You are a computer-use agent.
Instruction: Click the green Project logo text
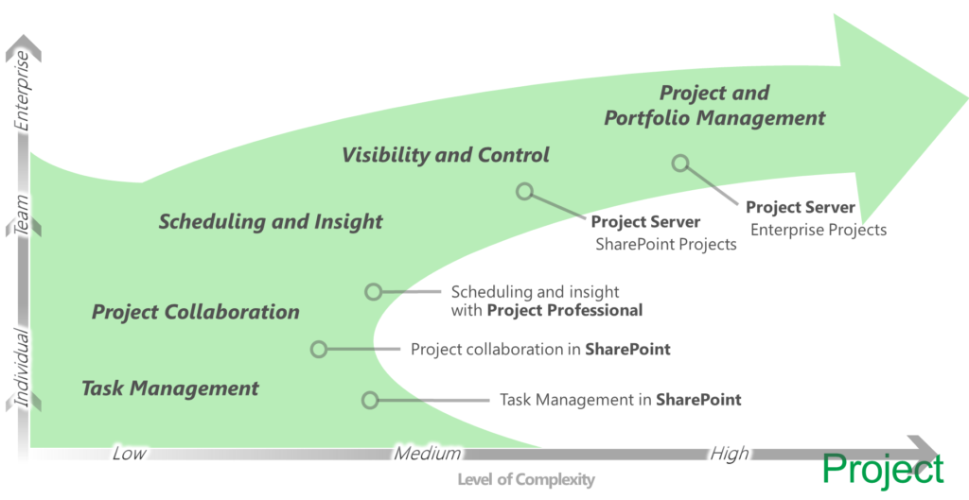[x=882, y=470]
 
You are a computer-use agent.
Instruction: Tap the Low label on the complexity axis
[x=129, y=454]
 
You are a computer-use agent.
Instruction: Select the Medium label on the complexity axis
[x=428, y=454]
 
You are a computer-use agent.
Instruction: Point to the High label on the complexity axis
[x=729, y=454]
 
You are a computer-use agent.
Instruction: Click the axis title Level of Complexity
[x=526, y=480]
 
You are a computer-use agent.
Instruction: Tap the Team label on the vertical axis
[x=24, y=214]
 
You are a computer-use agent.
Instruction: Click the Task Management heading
[x=170, y=388]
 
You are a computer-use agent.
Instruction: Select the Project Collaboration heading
[x=196, y=312]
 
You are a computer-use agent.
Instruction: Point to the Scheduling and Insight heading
[x=271, y=222]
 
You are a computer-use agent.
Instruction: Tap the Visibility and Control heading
[x=446, y=155]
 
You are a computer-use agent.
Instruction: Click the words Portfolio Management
[x=714, y=118]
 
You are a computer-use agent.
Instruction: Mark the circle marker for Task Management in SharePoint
[x=371, y=400]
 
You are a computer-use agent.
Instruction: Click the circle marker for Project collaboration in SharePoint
[x=319, y=349]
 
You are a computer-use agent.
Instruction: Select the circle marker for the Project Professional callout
[x=374, y=292]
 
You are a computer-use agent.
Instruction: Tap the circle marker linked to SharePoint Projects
[x=524, y=192]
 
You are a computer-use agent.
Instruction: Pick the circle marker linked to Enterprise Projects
[x=679, y=163]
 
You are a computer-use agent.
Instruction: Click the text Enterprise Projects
[x=819, y=230]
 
